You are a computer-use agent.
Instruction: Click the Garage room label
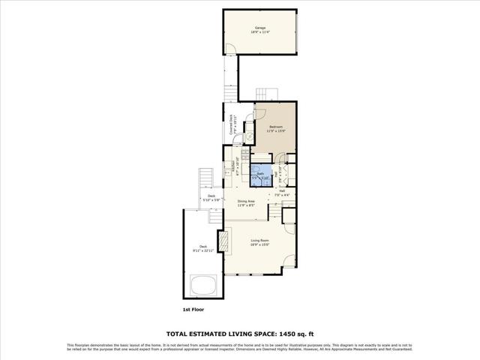259,28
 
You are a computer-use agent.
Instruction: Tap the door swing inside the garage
231,49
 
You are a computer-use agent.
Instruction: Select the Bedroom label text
277,127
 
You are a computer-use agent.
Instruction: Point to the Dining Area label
247,201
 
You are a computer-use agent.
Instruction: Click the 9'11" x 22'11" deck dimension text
202,250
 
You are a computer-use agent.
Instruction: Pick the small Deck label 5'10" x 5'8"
211,198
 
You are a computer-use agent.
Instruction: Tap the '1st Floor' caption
192,309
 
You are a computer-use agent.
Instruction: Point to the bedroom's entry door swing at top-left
259,112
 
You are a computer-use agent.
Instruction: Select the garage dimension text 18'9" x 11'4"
259,33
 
